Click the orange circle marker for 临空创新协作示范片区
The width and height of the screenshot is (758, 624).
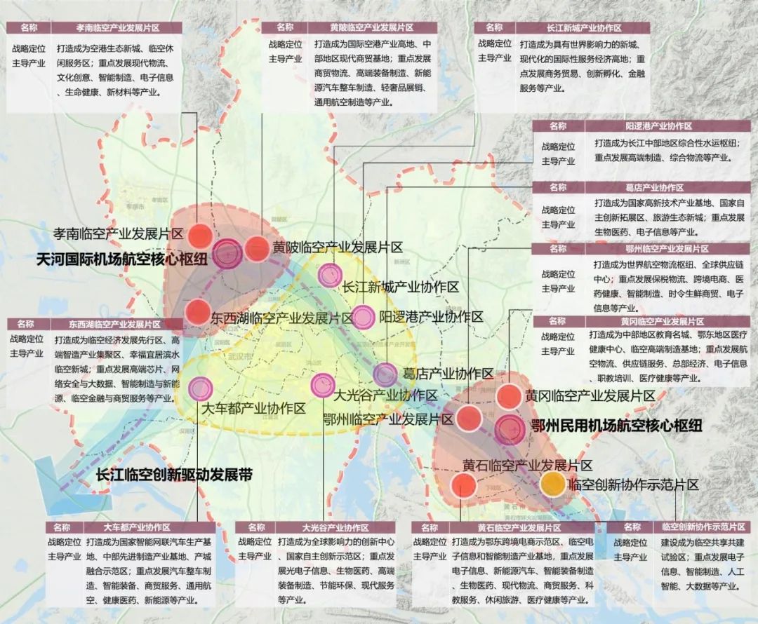552,483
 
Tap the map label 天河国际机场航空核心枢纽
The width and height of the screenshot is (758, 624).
121,259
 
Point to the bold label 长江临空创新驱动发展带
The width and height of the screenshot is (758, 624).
173,475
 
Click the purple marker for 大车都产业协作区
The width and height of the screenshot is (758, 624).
201,387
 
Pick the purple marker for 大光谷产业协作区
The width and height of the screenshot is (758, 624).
322,384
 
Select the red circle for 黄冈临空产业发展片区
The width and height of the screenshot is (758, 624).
509,396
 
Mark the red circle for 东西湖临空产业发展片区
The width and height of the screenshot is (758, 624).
197,311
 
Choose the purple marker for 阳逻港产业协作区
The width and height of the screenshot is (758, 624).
362,318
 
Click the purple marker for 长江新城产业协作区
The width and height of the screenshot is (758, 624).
329,276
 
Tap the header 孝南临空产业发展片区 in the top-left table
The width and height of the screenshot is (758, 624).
118,28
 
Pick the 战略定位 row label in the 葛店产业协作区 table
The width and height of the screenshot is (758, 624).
558,210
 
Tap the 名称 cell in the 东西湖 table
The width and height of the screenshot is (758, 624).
26,324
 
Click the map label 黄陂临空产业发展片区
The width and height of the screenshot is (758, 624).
337,247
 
